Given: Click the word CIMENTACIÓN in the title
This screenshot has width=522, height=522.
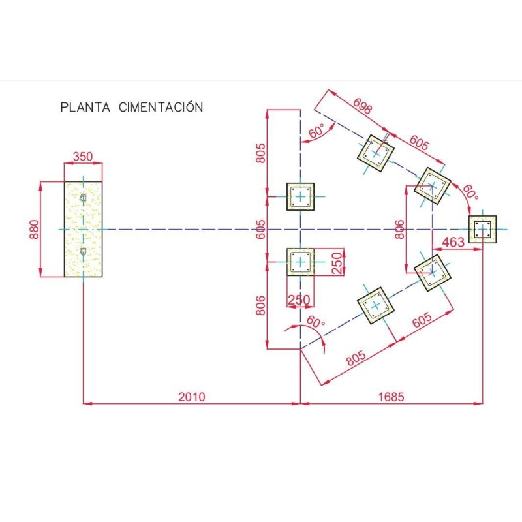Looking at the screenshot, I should coord(161,107).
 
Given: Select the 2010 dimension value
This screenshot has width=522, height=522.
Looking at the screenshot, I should coord(192,396).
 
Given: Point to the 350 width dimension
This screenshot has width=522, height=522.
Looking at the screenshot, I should coord(82,157).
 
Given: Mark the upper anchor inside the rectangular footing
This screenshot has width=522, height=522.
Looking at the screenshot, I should coord(83,198).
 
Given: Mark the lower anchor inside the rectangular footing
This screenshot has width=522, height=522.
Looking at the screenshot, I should coord(83,252).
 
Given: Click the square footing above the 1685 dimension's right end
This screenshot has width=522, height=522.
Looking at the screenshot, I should coord(483,229).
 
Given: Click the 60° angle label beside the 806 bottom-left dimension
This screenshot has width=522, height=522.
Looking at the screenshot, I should coord(315,322).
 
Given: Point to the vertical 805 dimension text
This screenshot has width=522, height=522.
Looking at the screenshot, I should coord(260,153).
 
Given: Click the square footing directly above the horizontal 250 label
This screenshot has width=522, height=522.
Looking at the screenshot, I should coord(300,262).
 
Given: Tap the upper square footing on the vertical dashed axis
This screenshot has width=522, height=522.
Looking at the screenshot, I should coord(300,196).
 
